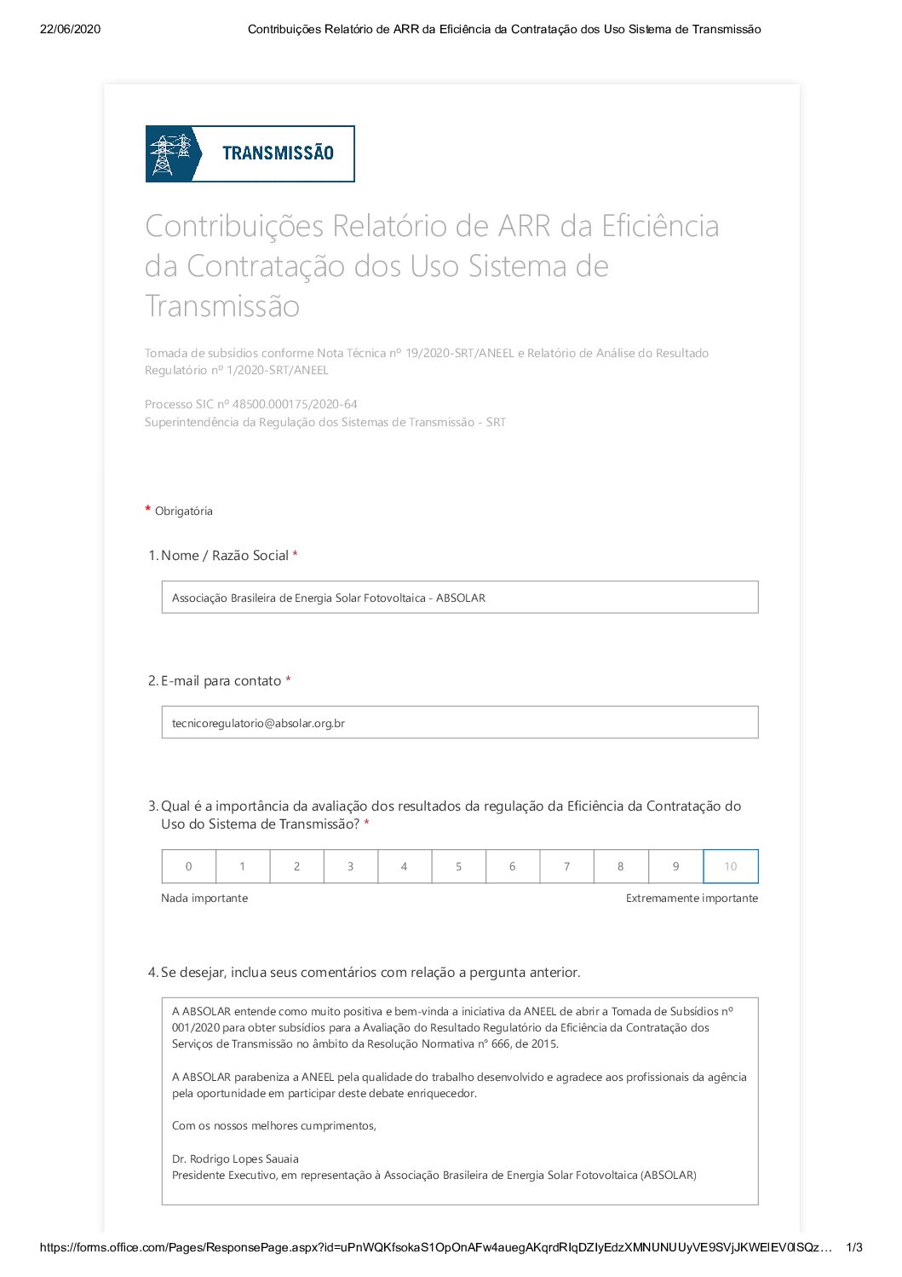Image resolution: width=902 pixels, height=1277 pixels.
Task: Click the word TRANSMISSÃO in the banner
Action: pyautogui.click(x=278, y=153)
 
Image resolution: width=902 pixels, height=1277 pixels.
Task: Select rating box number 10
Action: pyautogui.click(x=730, y=866)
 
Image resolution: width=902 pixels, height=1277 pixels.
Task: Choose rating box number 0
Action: pyautogui.click(x=188, y=866)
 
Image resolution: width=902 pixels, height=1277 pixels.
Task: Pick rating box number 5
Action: pyautogui.click(x=458, y=866)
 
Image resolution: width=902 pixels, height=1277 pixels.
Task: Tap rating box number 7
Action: pyautogui.click(x=566, y=866)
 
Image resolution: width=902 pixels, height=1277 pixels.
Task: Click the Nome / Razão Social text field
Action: pyautogui.click(x=459, y=598)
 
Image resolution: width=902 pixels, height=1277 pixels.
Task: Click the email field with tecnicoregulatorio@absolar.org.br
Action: pyautogui.click(x=459, y=723)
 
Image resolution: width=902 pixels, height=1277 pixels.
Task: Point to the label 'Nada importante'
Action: pyautogui.click(x=204, y=899)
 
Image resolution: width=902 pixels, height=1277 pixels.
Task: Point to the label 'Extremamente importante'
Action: pyautogui.click(x=692, y=899)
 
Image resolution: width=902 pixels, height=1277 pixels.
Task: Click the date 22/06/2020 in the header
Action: pyautogui.click(x=70, y=29)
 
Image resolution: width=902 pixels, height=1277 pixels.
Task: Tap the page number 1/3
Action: pyautogui.click(x=853, y=1248)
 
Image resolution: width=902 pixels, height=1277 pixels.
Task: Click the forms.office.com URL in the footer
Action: pyautogui.click(x=435, y=1248)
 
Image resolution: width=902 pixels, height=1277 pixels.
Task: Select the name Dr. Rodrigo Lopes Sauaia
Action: pyautogui.click(x=235, y=1159)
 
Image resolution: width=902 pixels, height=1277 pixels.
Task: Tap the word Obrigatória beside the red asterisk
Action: pyautogui.click(x=183, y=511)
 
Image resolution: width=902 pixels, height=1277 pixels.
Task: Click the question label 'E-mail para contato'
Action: pyautogui.click(x=221, y=681)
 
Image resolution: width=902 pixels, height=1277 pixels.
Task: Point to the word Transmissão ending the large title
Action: pyautogui.click(x=222, y=306)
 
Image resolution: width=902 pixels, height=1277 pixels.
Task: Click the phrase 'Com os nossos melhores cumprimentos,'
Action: pyautogui.click(x=273, y=1126)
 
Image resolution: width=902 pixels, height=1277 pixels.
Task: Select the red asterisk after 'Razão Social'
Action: pyautogui.click(x=295, y=555)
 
